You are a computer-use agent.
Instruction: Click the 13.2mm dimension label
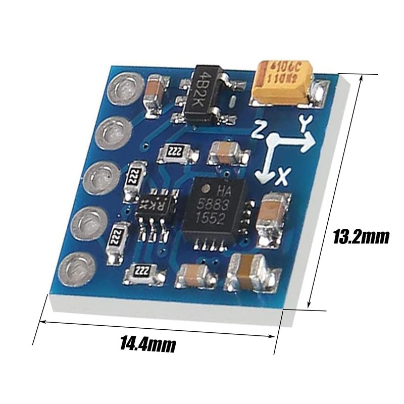362,236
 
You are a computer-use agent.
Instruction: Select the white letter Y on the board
304,123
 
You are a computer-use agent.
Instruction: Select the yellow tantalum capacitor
283,82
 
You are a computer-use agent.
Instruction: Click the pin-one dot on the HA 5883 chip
206,189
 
